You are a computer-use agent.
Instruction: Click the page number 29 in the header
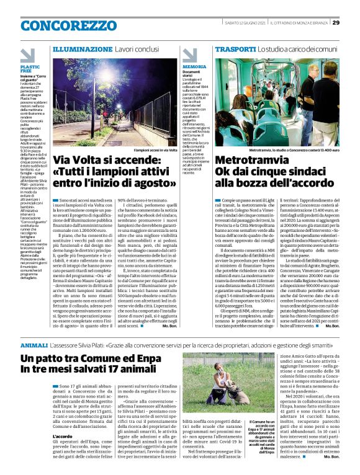click(x=336, y=23)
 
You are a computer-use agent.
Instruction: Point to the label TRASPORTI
click(x=235, y=48)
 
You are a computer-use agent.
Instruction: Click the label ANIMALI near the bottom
click(x=34, y=344)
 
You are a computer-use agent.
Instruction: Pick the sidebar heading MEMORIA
click(x=194, y=66)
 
